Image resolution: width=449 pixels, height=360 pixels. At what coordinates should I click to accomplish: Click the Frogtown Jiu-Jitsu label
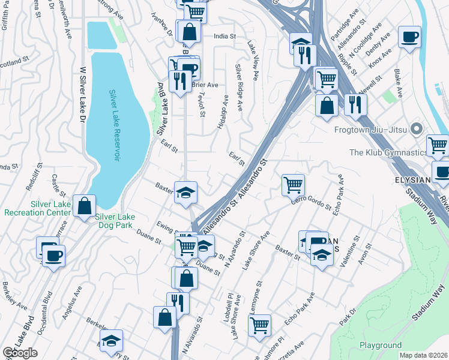click(x=372, y=130)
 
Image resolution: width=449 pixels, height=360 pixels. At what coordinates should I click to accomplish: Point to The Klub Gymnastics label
click(x=387, y=152)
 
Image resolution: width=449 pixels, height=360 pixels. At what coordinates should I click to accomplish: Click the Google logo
click(x=20, y=353)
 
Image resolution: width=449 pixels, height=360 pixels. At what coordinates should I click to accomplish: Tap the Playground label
click(x=381, y=345)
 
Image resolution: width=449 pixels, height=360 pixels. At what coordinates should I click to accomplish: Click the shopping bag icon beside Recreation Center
click(x=85, y=205)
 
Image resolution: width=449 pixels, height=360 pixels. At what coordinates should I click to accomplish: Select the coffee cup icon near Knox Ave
click(x=409, y=37)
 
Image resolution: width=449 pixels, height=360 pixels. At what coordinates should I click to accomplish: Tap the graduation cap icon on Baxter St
click(x=185, y=192)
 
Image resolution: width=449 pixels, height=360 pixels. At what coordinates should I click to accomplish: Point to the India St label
click(x=224, y=36)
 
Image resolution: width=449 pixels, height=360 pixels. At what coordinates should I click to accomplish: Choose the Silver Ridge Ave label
click(x=239, y=88)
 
